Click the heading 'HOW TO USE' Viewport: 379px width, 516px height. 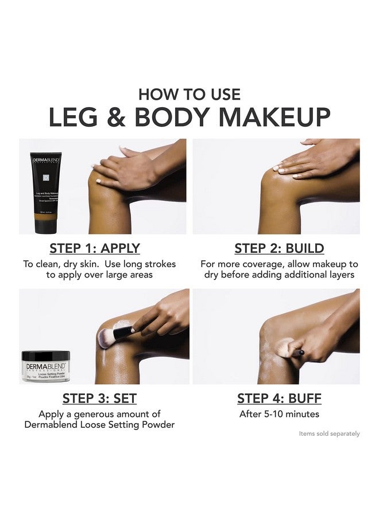pos(189,93)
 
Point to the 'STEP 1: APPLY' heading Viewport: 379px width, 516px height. pos(95,248)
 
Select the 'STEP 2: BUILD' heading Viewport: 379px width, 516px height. pos(279,248)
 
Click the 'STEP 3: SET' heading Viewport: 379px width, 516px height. pos(99,398)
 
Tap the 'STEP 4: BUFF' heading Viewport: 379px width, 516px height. pos(279,398)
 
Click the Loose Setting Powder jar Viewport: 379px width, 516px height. pos(46,367)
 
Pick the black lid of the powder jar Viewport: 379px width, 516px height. pos(46,355)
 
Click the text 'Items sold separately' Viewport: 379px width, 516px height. pos(329,433)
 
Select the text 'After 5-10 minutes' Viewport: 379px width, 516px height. pos(279,414)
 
